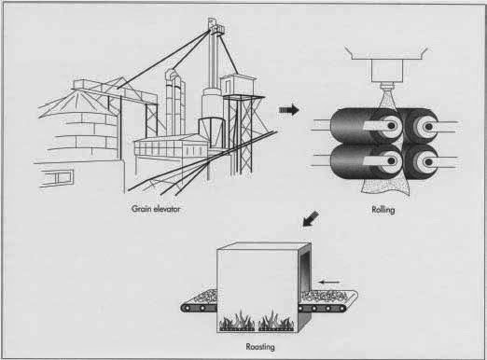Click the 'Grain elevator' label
(x=156, y=209)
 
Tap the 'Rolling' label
(x=383, y=210)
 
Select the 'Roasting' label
(x=260, y=347)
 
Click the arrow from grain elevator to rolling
(x=289, y=110)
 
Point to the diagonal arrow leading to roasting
(x=311, y=219)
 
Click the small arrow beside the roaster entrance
(x=330, y=282)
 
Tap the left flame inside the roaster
(x=237, y=321)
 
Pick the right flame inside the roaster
(x=276, y=321)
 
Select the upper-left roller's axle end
(x=392, y=126)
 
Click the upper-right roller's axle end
(x=428, y=127)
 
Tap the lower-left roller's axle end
(x=392, y=160)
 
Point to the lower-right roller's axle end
(x=428, y=161)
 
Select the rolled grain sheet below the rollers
(x=384, y=187)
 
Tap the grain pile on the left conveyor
(x=205, y=296)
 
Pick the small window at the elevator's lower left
(x=57, y=178)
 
